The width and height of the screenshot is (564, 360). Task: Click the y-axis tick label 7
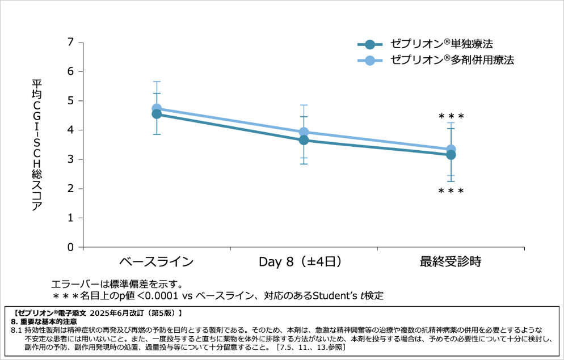click(x=71, y=42)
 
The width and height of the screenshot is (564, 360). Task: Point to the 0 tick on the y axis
click(x=71, y=247)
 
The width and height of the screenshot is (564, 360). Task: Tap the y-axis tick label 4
click(x=71, y=130)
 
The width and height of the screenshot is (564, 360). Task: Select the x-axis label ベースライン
click(x=156, y=262)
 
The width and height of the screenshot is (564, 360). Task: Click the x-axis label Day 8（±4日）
click(x=304, y=262)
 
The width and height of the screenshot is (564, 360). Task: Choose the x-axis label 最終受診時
click(x=451, y=262)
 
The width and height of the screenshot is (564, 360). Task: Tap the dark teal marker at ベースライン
click(x=157, y=114)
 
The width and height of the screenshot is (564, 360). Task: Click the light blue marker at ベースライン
click(x=157, y=108)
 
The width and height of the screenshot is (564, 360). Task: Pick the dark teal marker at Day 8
click(x=304, y=140)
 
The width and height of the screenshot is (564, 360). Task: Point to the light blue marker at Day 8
click(x=304, y=132)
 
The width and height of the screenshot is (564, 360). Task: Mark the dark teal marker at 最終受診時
click(x=451, y=155)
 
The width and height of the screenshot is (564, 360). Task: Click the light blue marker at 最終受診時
click(x=451, y=149)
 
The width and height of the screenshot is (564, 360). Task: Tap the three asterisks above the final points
click(x=451, y=117)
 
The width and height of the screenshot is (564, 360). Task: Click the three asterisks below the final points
click(x=451, y=191)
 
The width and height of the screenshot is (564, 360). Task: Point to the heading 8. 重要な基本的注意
click(x=48, y=321)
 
